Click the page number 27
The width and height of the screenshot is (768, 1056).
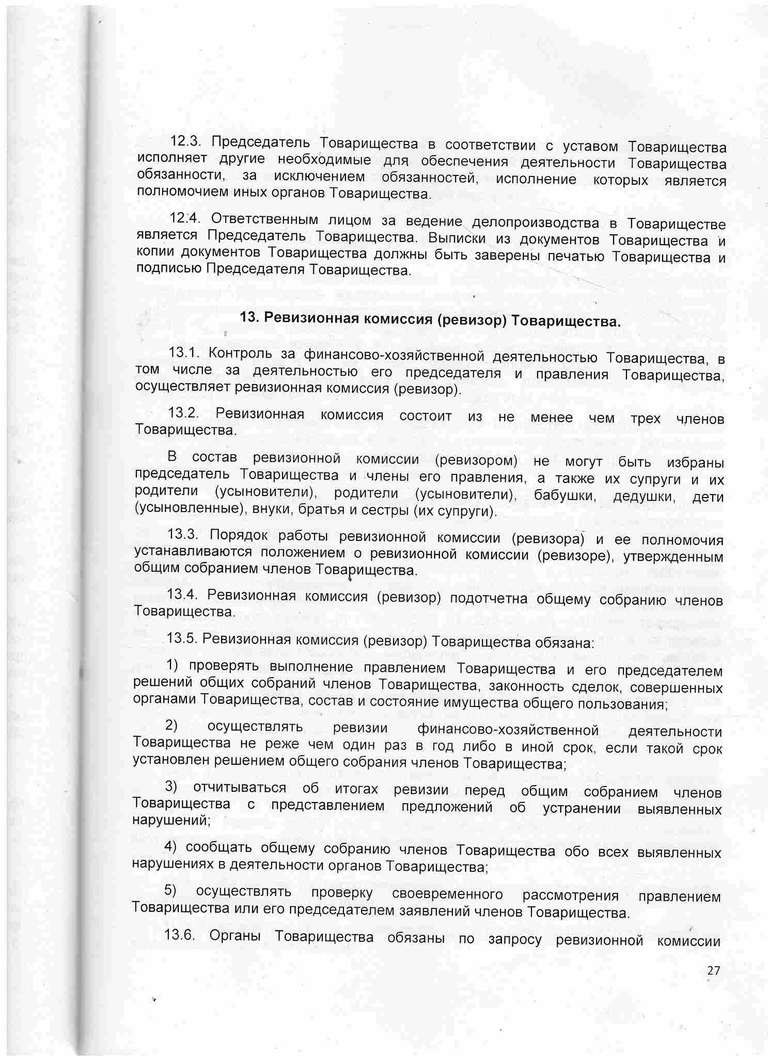713,970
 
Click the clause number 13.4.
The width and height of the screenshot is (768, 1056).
183,594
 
